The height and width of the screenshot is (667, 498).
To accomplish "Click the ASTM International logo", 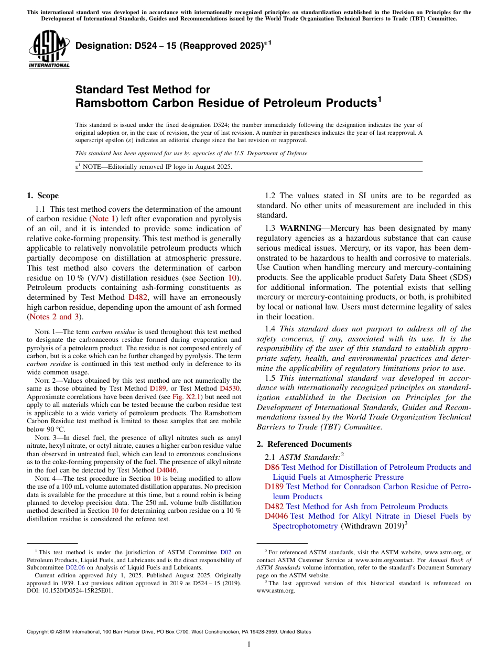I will coord(49,50).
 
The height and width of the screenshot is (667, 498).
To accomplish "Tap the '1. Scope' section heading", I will coord(42,196).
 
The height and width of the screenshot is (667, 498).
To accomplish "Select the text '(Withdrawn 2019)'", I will coord(372,526).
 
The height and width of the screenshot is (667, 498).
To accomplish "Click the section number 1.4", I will coord(270,329).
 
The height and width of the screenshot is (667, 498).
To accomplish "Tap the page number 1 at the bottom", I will coord(249,644).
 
